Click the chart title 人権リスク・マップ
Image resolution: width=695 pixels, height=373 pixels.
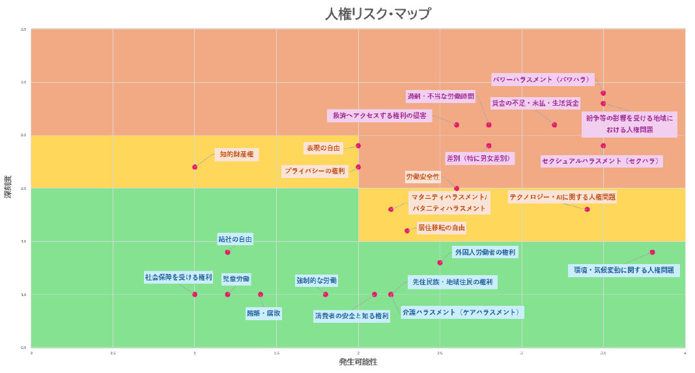pyautogui.click(x=378, y=14)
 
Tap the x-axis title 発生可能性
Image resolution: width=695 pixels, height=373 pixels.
pyautogui.click(x=358, y=362)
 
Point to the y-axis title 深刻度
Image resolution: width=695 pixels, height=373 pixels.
pyautogui.click(x=8, y=186)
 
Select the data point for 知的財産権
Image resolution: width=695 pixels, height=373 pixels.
pyautogui.click(x=195, y=167)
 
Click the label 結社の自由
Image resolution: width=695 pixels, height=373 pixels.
pyautogui.click(x=235, y=239)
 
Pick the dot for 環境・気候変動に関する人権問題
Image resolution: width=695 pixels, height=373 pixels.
pyautogui.click(x=652, y=252)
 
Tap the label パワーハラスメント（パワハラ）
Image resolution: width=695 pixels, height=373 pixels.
pyautogui.click(x=542, y=80)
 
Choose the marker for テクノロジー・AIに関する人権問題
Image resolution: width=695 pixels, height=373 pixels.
pyautogui.click(x=587, y=209)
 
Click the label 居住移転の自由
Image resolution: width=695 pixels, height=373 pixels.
pyautogui.click(x=442, y=228)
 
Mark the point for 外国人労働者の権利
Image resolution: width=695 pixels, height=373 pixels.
pyautogui.click(x=440, y=263)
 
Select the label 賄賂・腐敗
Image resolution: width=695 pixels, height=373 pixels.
pyautogui.click(x=264, y=314)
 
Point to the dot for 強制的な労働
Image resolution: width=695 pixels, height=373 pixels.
pyautogui.click(x=326, y=294)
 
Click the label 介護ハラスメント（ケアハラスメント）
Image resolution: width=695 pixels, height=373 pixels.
pyautogui.click(x=461, y=313)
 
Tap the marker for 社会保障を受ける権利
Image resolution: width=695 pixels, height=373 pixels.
pyautogui.click(x=195, y=294)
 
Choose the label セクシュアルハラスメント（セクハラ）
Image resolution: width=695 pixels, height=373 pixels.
pyautogui.click(x=601, y=161)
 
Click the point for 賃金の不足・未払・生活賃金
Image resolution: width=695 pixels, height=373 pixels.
pyautogui.click(x=554, y=125)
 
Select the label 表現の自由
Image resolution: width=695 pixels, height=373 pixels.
pyautogui.click(x=324, y=149)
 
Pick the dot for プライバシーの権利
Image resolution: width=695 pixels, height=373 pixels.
pyautogui.click(x=358, y=167)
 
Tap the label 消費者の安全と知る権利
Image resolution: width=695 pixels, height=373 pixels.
pyautogui.click(x=352, y=316)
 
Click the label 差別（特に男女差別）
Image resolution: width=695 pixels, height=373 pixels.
pyautogui.click(x=479, y=158)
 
